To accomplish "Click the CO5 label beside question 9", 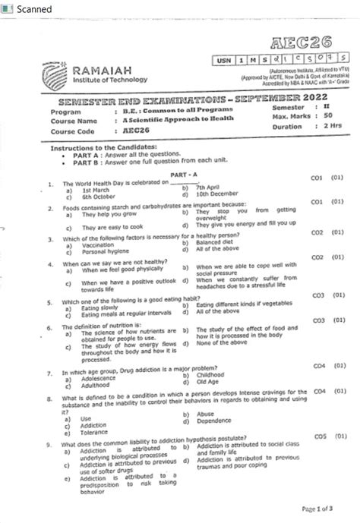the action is [x=320, y=436].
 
